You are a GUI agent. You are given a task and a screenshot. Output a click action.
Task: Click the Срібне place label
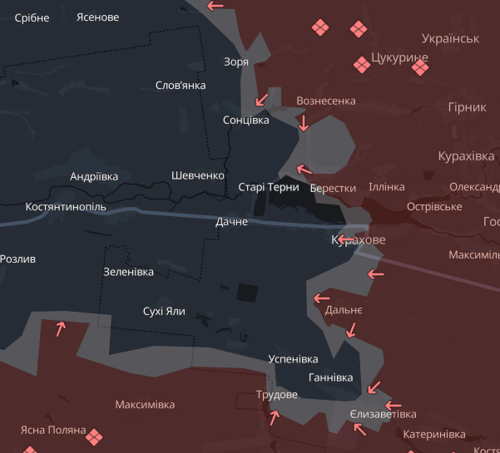[32, 17]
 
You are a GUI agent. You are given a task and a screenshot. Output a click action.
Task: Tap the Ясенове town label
[97, 17]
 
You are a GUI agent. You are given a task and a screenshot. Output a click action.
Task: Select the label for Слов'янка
[181, 86]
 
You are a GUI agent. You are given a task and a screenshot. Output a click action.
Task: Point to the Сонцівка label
[246, 121]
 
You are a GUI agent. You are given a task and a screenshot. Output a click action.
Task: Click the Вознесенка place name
[326, 101]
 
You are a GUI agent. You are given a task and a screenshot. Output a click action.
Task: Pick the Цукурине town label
[400, 57]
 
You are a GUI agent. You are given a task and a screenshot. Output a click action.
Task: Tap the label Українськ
[450, 38]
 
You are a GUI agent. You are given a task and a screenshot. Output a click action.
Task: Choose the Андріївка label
[94, 176]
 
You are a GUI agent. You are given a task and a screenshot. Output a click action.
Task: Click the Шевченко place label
[198, 175]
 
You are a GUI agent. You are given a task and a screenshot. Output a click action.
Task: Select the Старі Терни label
[269, 187]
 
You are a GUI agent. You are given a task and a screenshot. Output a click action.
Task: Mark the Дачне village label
[231, 223]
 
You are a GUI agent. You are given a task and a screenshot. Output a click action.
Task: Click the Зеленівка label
[128, 272]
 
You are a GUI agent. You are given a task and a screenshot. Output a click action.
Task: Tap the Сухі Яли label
[164, 312]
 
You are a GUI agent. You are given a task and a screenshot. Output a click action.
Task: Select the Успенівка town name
[293, 359]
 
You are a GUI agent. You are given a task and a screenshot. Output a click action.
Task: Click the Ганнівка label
[330, 377]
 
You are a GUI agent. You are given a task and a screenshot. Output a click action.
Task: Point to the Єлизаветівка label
[383, 414]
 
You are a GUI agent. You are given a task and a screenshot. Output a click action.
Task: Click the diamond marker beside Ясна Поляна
[96, 436]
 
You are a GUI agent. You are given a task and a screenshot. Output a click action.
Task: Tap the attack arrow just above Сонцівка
[262, 99]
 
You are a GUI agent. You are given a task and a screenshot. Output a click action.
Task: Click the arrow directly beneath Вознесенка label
[304, 124]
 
